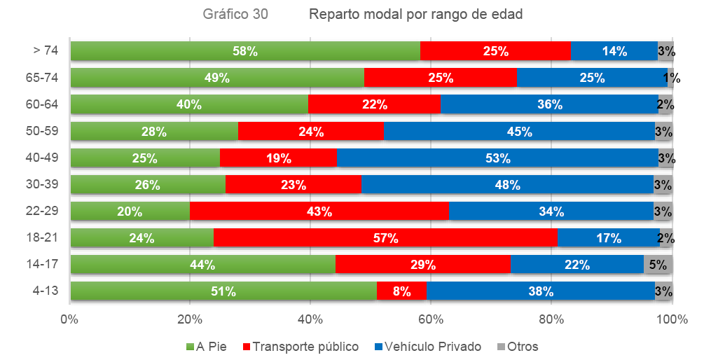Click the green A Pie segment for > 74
tap(245, 51)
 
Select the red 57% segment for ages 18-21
tap(385, 238)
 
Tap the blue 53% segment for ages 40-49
tap(497, 158)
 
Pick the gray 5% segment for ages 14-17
tap(658, 265)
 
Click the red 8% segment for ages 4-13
tap(402, 291)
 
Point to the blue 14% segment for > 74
tap(614, 51)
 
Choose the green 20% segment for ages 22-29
tap(130, 212)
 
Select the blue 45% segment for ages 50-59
tap(519, 132)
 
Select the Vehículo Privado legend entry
tap(428, 347)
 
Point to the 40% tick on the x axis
tap(310, 320)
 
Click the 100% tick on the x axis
tap(673, 320)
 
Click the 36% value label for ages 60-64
tap(550, 105)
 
